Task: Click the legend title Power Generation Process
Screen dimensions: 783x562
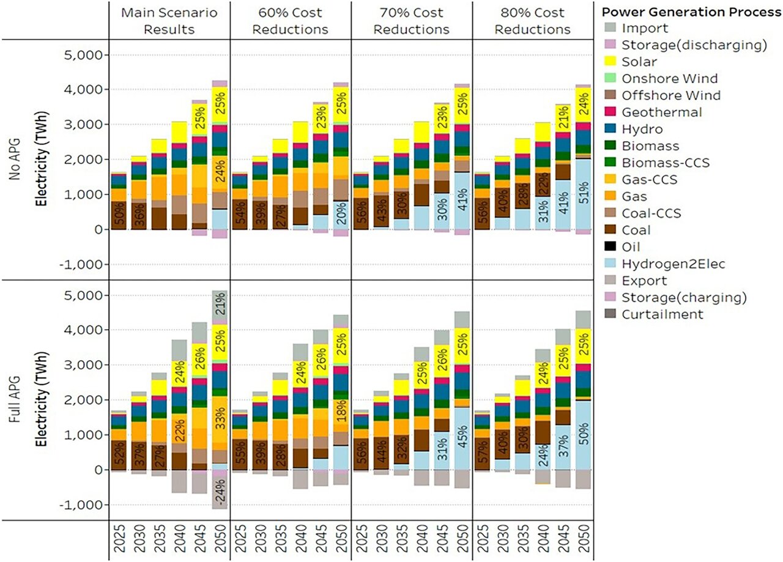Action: click(691, 12)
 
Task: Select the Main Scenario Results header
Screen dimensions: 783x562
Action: click(169, 21)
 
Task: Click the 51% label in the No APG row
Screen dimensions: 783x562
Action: click(583, 195)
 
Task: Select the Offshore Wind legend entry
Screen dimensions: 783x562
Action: click(662, 95)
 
